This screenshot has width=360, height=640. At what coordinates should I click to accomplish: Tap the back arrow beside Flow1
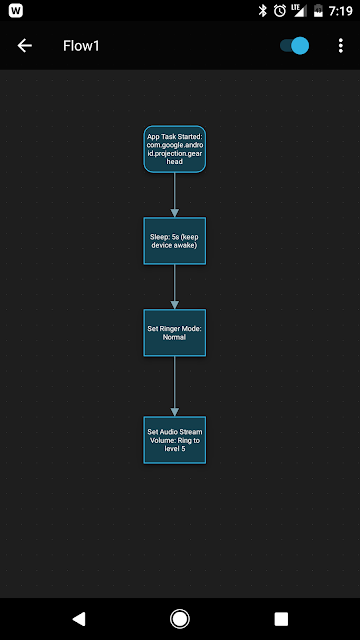[24, 46]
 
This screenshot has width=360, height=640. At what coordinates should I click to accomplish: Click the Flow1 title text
[81, 46]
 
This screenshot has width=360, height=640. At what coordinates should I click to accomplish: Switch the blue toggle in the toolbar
[294, 46]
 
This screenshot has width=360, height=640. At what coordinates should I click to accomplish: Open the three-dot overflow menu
[341, 46]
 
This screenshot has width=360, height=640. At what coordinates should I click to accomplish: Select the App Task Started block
[175, 149]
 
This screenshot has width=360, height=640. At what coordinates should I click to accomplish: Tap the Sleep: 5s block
[175, 241]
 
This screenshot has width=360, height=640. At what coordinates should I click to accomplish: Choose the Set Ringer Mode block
[175, 333]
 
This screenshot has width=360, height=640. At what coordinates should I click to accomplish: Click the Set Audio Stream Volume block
[175, 440]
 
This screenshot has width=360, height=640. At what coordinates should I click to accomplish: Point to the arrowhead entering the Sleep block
[175, 213]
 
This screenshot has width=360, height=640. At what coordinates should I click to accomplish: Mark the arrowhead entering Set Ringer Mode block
[175, 304]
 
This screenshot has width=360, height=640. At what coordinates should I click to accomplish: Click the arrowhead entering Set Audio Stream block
[175, 412]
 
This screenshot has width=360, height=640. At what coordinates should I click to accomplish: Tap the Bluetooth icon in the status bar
[262, 11]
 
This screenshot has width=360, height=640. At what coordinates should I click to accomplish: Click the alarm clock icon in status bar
[280, 11]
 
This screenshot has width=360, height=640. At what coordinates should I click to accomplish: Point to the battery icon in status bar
[318, 11]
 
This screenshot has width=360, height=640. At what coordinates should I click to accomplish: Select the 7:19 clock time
[340, 11]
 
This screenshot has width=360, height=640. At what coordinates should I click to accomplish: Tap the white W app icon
[16, 11]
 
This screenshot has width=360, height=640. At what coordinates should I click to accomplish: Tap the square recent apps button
[281, 619]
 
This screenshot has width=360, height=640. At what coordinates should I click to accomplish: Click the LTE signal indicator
[298, 11]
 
